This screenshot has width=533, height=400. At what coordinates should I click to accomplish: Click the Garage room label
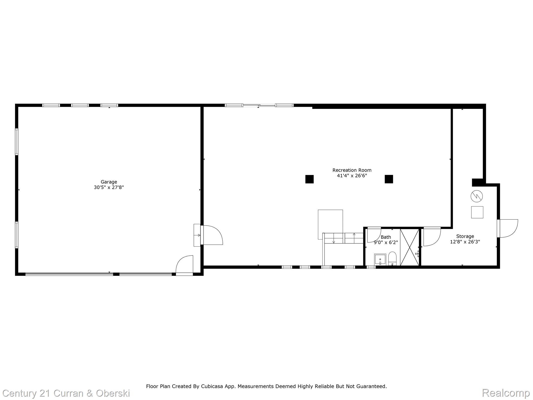click(x=109, y=184)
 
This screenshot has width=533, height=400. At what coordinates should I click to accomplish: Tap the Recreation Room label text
click(x=352, y=173)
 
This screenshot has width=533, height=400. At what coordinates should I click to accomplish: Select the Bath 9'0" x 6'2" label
click(x=386, y=240)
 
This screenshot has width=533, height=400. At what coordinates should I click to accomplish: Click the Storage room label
click(x=465, y=239)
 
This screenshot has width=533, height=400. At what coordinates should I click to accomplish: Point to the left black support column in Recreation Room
click(x=309, y=179)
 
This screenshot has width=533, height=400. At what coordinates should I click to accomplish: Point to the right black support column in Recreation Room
click(x=389, y=179)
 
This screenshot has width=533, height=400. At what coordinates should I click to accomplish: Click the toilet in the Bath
click(x=392, y=258)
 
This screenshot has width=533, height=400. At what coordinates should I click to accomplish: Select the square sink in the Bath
click(x=380, y=259)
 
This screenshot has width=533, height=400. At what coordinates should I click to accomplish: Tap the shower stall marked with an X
click(x=409, y=247)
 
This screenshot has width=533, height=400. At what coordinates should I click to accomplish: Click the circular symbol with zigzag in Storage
click(x=477, y=196)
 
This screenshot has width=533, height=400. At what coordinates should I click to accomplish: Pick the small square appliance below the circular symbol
click(x=477, y=212)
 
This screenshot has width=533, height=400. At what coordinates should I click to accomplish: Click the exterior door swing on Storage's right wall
click(x=507, y=228)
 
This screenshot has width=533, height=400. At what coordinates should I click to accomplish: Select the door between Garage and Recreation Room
click(x=212, y=235)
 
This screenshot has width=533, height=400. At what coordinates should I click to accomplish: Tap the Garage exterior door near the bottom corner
click(x=185, y=264)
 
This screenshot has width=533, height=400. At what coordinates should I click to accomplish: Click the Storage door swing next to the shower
click(x=432, y=236)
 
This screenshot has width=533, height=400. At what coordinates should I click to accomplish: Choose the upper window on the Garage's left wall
click(x=17, y=142)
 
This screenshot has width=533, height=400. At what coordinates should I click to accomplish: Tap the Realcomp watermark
click(x=506, y=393)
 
